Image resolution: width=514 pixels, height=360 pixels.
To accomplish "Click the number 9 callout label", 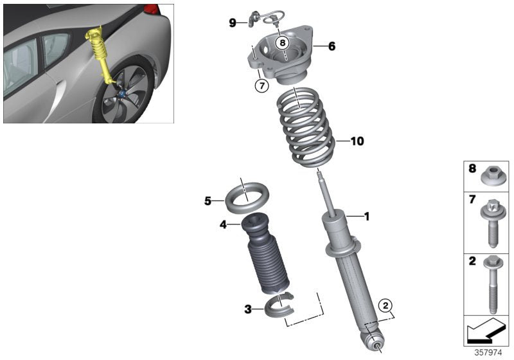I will [x=233, y=23].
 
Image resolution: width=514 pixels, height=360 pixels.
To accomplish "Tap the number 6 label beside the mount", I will [x=332, y=46].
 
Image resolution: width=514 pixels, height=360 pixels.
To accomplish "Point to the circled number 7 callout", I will [x=261, y=85].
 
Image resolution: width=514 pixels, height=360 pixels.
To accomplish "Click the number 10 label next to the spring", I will [x=357, y=141].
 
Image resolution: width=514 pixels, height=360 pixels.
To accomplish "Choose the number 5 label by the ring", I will [x=208, y=201].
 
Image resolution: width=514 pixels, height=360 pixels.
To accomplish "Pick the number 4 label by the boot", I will [x=223, y=225].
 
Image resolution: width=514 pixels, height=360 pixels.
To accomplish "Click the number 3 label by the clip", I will [x=248, y=309].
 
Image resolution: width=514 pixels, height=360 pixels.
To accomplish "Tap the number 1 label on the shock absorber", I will [x=367, y=217].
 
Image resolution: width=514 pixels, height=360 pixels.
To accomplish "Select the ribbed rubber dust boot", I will [x=266, y=256].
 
